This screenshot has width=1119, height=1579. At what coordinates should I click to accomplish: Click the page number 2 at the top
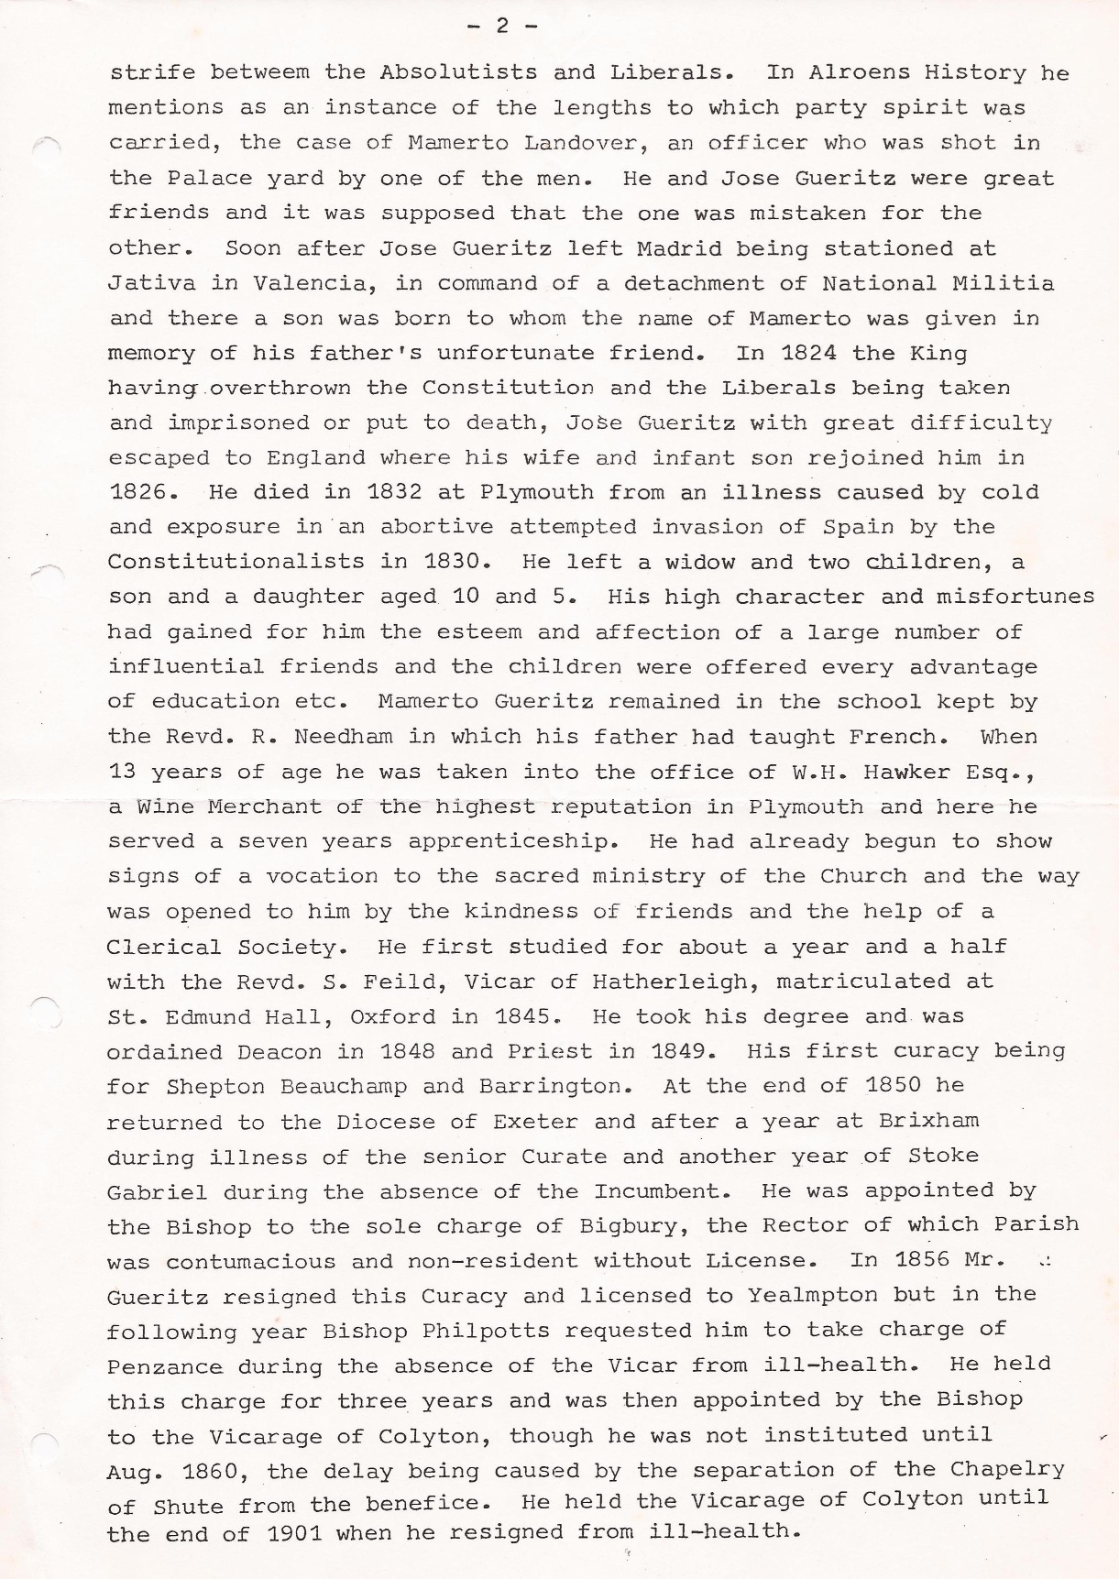501,27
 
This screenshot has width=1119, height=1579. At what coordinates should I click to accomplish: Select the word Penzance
165,1366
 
